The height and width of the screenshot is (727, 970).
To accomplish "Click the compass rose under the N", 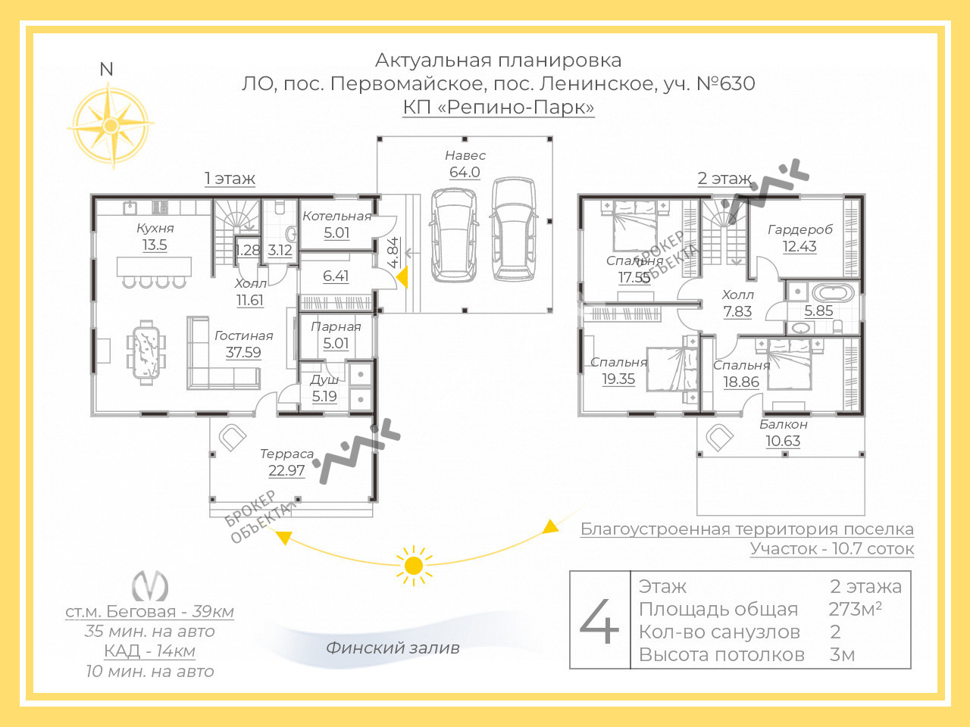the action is click(111, 126).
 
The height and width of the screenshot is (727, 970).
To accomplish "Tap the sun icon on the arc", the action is click(414, 566).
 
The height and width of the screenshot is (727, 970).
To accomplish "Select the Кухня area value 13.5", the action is click(155, 245).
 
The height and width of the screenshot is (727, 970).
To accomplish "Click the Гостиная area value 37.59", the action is click(243, 352).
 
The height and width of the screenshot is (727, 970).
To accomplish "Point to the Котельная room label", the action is click(336, 216).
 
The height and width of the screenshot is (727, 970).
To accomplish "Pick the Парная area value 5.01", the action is click(336, 343).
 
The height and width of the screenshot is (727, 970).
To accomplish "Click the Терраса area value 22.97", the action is click(286, 470).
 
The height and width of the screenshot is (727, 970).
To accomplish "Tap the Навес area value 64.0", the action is click(465, 172).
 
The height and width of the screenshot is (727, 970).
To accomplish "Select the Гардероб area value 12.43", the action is click(799, 246).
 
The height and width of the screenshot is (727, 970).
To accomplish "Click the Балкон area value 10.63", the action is click(783, 441).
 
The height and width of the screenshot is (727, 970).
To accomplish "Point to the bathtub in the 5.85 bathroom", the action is click(833, 292).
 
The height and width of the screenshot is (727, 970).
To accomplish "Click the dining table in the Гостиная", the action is click(146, 353).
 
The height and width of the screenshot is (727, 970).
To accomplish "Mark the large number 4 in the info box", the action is click(599, 621).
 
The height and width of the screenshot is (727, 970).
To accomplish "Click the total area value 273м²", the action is click(855, 609).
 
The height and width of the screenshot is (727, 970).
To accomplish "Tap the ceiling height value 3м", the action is click(842, 654).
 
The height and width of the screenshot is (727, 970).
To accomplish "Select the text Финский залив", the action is click(393, 647).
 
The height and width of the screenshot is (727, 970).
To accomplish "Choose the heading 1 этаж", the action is click(230, 178).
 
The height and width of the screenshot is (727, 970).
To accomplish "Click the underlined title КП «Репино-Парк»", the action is click(499, 108).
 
